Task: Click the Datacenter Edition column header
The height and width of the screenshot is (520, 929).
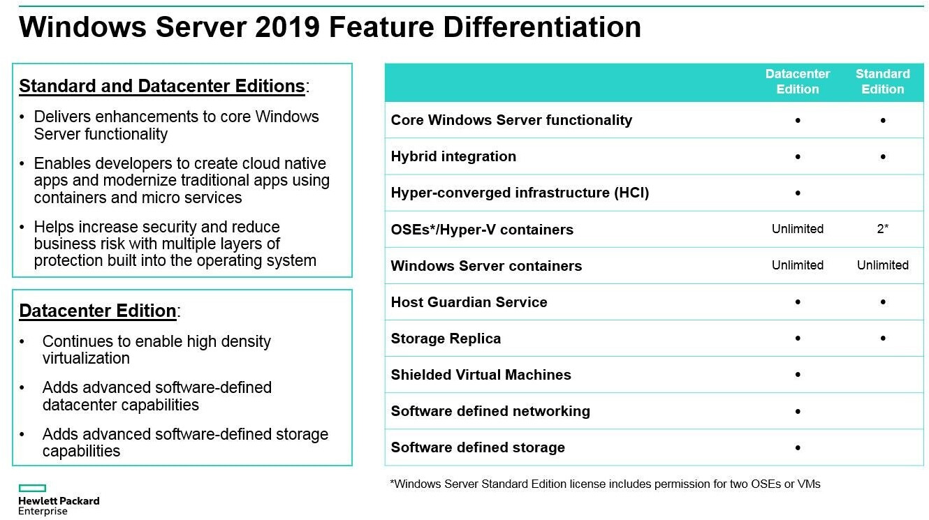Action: pyautogui.click(x=797, y=82)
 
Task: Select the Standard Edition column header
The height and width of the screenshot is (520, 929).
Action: pyautogui.click(x=882, y=82)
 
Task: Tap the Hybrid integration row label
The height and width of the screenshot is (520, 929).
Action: pyautogui.click(x=453, y=156)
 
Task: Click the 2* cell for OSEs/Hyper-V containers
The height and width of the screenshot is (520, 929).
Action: pyautogui.click(x=882, y=229)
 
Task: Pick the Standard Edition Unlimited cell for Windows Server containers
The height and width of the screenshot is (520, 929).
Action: pyautogui.click(x=882, y=265)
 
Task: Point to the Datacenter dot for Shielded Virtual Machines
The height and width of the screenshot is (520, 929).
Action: pyautogui.click(x=798, y=375)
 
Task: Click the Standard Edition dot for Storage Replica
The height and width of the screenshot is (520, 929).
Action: pyautogui.click(x=883, y=339)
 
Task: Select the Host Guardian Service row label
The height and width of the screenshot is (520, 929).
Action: pyautogui.click(x=469, y=302)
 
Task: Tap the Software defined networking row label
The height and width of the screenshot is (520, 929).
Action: pyautogui.click(x=490, y=411)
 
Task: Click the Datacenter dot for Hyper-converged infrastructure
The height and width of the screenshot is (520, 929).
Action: pyautogui.click(x=798, y=193)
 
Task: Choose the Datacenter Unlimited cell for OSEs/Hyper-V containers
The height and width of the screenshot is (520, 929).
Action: pyautogui.click(x=797, y=229)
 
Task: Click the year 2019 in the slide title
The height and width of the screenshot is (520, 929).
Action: pyautogui.click(x=286, y=27)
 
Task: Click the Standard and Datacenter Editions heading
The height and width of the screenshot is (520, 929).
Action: pyautogui.click(x=162, y=86)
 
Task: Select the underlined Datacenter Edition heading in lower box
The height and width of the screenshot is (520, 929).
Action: pyautogui.click(x=98, y=311)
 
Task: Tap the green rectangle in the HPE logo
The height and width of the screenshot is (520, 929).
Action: pyautogui.click(x=32, y=489)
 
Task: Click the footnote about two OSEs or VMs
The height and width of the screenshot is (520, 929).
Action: pyautogui.click(x=605, y=484)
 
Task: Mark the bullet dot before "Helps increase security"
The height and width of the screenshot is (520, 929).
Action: pyautogui.click(x=23, y=228)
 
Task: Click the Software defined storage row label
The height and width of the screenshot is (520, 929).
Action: pyautogui.click(x=478, y=447)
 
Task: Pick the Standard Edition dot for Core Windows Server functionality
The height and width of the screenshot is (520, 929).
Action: pyautogui.click(x=883, y=120)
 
